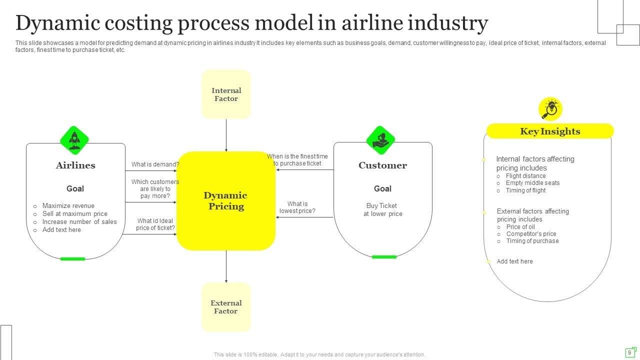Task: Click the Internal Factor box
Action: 226,94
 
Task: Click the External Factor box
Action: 226,307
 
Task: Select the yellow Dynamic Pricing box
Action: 226,200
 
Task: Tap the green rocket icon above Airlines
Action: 74,140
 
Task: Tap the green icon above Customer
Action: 381,140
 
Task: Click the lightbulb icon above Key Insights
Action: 550,109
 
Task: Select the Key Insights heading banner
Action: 550,131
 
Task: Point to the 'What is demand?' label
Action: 155,164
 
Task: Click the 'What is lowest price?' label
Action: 297,207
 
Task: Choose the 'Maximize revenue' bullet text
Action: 68,206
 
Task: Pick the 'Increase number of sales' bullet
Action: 79,222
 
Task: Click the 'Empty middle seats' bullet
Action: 532,183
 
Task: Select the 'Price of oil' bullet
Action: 520,227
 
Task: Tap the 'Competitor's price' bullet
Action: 531,234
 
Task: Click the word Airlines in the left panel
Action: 75,165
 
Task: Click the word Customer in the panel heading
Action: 382,165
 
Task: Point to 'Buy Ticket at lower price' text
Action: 382,210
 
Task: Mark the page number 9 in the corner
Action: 629,352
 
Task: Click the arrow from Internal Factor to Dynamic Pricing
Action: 226,135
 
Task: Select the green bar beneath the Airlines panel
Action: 72,259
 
